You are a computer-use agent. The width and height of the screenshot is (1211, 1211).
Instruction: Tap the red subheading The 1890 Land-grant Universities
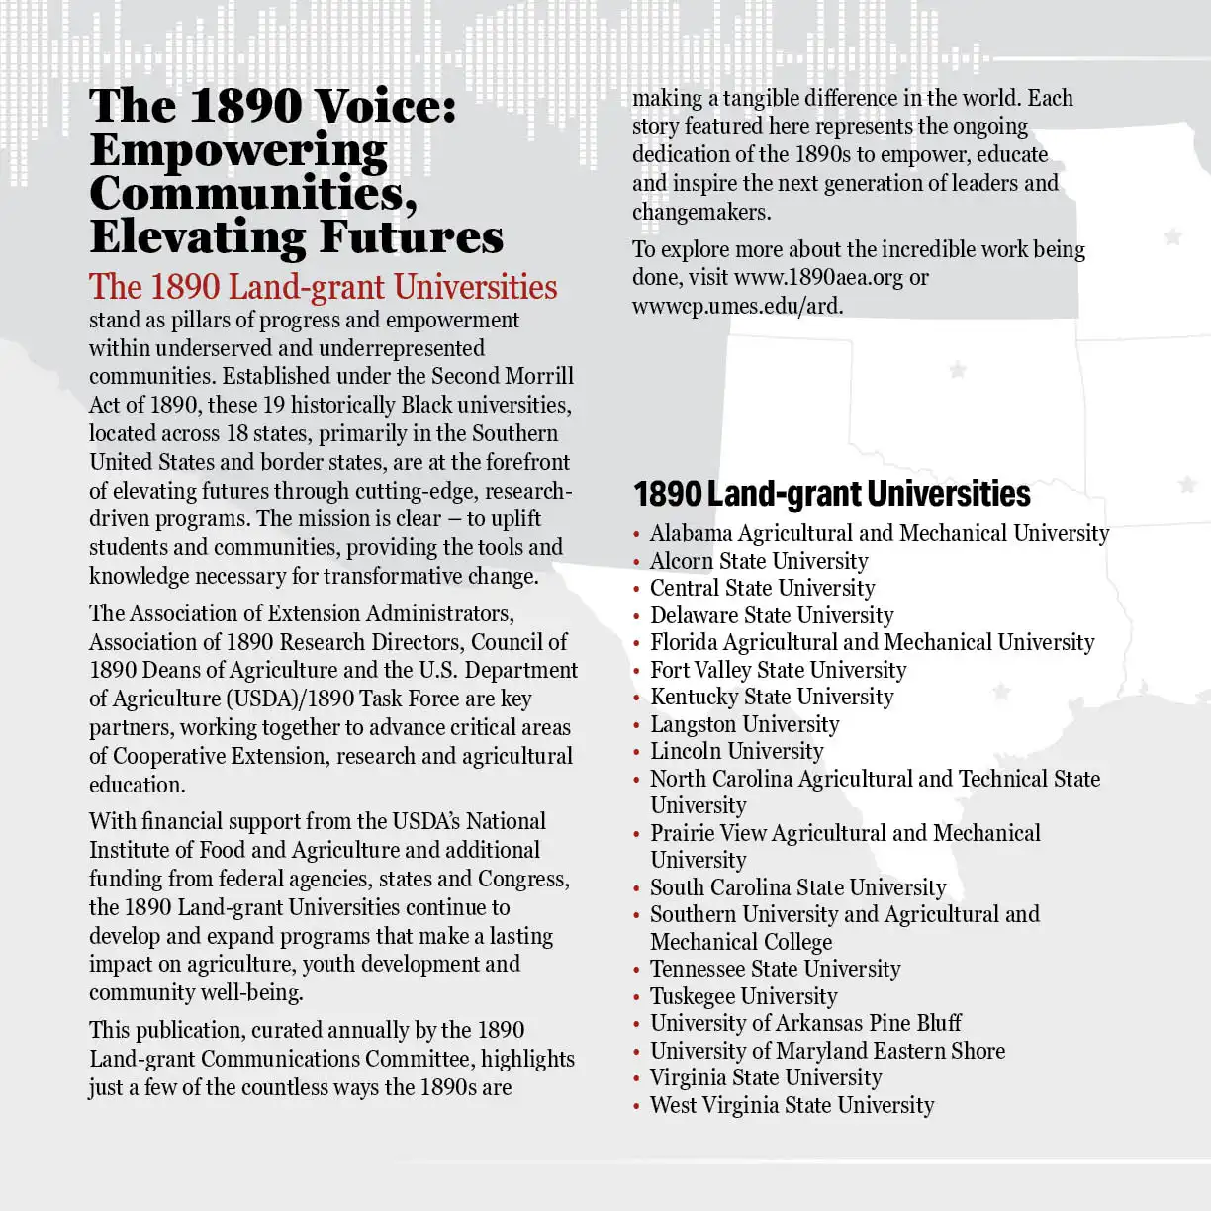click(x=324, y=287)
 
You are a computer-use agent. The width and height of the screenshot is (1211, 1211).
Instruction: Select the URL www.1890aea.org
click(x=818, y=278)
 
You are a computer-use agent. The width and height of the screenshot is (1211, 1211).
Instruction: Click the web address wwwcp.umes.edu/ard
click(x=737, y=306)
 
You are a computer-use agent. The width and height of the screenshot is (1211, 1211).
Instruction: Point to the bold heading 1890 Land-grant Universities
click(x=831, y=494)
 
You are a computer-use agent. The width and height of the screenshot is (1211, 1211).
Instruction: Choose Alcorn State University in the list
click(x=759, y=561)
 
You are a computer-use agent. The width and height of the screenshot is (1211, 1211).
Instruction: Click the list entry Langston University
click(x=744, y=724)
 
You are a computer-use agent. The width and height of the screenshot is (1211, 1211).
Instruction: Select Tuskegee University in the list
click(x=743, y=996)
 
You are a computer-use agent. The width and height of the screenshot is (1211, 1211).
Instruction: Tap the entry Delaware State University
click(x=772, y=615)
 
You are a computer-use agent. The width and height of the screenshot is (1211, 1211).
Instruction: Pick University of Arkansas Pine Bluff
click(x=805, y=1023)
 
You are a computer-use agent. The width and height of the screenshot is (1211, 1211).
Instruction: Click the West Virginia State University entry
click(x=792, y=1105)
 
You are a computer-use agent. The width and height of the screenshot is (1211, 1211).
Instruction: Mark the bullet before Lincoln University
click(x=636, y=753)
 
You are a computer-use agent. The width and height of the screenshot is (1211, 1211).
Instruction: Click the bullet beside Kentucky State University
click(x=636, y=699)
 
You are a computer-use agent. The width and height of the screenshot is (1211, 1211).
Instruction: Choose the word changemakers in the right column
click(x=700, y=212)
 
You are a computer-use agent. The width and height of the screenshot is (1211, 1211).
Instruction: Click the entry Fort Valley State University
click(x=778, y=670)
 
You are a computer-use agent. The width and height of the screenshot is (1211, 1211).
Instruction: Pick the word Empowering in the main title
click(x=238, y=150)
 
